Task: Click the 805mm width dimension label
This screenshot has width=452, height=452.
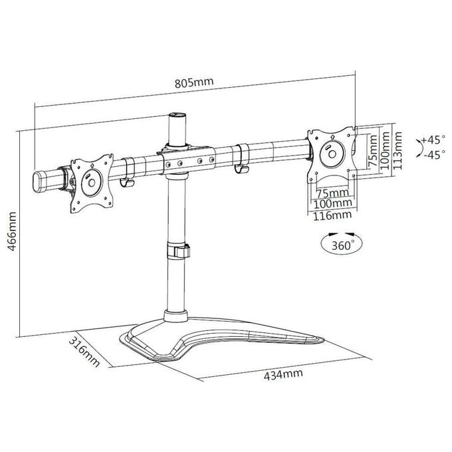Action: tap(194, 82)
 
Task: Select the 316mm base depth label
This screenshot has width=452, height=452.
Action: tap(84, 352)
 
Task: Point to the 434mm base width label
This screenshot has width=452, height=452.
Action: tap(283, 374)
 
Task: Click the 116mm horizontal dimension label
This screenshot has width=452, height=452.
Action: tap(332, 215)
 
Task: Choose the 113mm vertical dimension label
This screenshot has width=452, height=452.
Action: tap(397, 150)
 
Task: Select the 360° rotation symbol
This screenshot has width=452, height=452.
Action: tap(342, 243)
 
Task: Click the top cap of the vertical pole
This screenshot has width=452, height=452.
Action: tap(177, 115)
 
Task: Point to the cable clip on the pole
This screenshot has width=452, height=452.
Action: tap(178, 251)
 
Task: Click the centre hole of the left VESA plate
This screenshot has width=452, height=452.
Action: tap(92, 183)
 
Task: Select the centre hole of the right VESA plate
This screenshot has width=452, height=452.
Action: tap(332, 154)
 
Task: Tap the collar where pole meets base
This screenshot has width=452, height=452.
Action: tap(175, 316)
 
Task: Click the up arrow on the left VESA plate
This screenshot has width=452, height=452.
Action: tap(92, 166)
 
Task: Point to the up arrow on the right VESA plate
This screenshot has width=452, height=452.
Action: tap(332, 136)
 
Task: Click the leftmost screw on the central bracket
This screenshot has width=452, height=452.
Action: tap(168, 165)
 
